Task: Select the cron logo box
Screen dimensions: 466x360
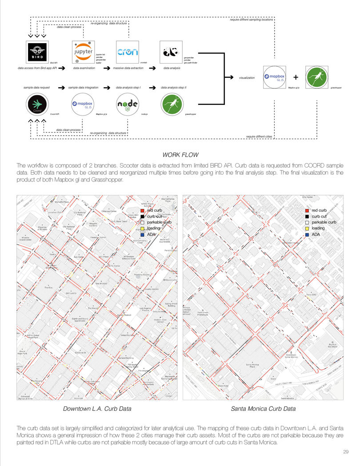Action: [128, 53]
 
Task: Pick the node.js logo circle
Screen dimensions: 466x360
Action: [128, 105]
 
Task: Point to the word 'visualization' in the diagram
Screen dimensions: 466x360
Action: [247, 77]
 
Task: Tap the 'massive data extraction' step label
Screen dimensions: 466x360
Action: [128, 68]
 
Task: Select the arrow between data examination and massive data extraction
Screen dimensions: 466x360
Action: [107, 68]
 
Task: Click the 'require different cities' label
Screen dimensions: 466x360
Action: [259, 136]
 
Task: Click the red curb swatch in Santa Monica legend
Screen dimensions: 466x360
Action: [307, 210]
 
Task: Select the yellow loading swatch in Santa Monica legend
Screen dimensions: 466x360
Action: [307, 228]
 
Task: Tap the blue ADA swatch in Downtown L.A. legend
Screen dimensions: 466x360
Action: [142, 234]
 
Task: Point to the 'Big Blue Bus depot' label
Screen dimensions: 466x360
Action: [332, 345]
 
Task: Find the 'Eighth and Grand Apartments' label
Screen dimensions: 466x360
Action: [80, 319]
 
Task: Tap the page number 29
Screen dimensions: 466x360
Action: [346, 452]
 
